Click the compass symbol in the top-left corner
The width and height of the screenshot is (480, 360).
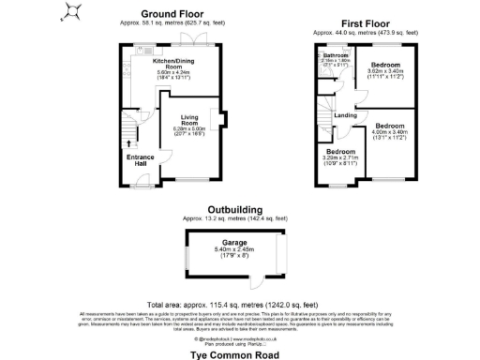pos(70,12)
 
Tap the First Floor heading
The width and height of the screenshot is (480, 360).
pos(364,22)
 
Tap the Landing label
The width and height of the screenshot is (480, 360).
pos(345,115)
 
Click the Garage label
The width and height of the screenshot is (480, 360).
pos(234,242)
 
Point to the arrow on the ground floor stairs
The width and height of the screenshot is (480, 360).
pos(128,143)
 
